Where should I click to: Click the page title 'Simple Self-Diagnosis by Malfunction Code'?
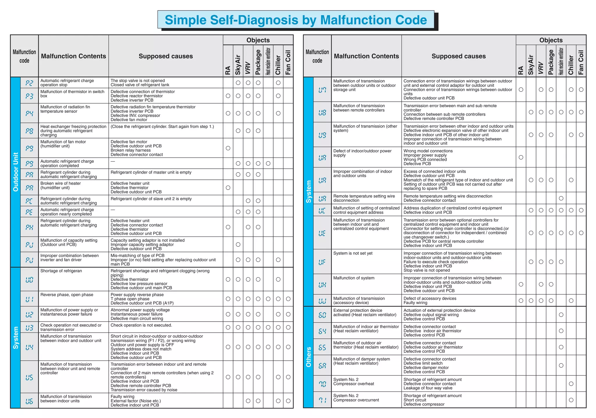click(296, 20)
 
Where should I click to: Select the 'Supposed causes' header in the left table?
click(166, 56)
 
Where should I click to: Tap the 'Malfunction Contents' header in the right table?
click(366, 56)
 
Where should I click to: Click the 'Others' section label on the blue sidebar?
click(308, 357)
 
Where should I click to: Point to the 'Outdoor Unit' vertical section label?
click(16, 172)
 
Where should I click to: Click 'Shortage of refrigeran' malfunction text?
click(61, 271)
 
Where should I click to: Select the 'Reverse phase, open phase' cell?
click(67, 295)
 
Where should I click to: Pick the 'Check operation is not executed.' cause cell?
click(141, 325)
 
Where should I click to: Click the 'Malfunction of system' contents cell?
click(354, 278)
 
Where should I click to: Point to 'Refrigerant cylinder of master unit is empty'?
click(151, 172)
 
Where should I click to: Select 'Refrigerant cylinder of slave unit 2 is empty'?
click(151, 199)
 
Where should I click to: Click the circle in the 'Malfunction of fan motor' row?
click(228, 148)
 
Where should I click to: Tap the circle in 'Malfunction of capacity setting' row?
click(238, 244)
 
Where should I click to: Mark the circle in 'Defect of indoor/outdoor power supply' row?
click(521, 157)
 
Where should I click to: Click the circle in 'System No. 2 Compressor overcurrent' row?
click(571, 400)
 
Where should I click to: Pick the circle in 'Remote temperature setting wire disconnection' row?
click(561, 198)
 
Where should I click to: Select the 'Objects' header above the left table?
click(258, 40)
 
